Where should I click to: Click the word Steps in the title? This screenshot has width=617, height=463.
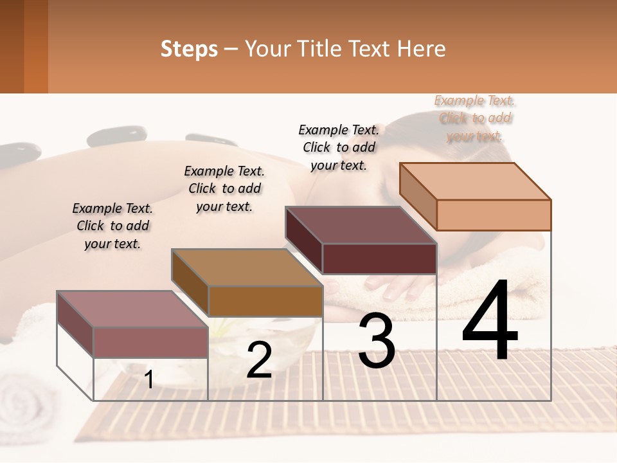(x=189, y=49)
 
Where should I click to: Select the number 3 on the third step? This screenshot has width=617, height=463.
(x=377, y=341)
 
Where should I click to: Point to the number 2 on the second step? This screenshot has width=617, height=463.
(x=259, y=361)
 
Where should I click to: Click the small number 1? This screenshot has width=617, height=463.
(x=148, y=380)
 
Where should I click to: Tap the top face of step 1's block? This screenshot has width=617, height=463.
(x=132, y=309)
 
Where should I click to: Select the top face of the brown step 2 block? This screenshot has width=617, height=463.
(x=247, y=268)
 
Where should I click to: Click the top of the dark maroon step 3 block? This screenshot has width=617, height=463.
(x=361, y=225)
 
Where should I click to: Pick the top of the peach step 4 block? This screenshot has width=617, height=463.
(x=476, y=181)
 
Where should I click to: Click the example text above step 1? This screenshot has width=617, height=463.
(x=112, y=226)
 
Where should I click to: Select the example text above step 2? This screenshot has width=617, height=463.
(x=224, y=188)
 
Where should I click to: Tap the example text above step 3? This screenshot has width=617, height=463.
(x=339, y=147)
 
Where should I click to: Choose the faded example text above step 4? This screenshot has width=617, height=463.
(x=474, y=118)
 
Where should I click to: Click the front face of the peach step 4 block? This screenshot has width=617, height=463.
(x=494, y=215)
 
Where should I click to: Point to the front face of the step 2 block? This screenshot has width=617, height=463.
(x=265, y=301)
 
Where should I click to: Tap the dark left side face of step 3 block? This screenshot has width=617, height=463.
(x=303, y=239)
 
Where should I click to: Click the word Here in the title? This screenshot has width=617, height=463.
(x=422, y=49)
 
